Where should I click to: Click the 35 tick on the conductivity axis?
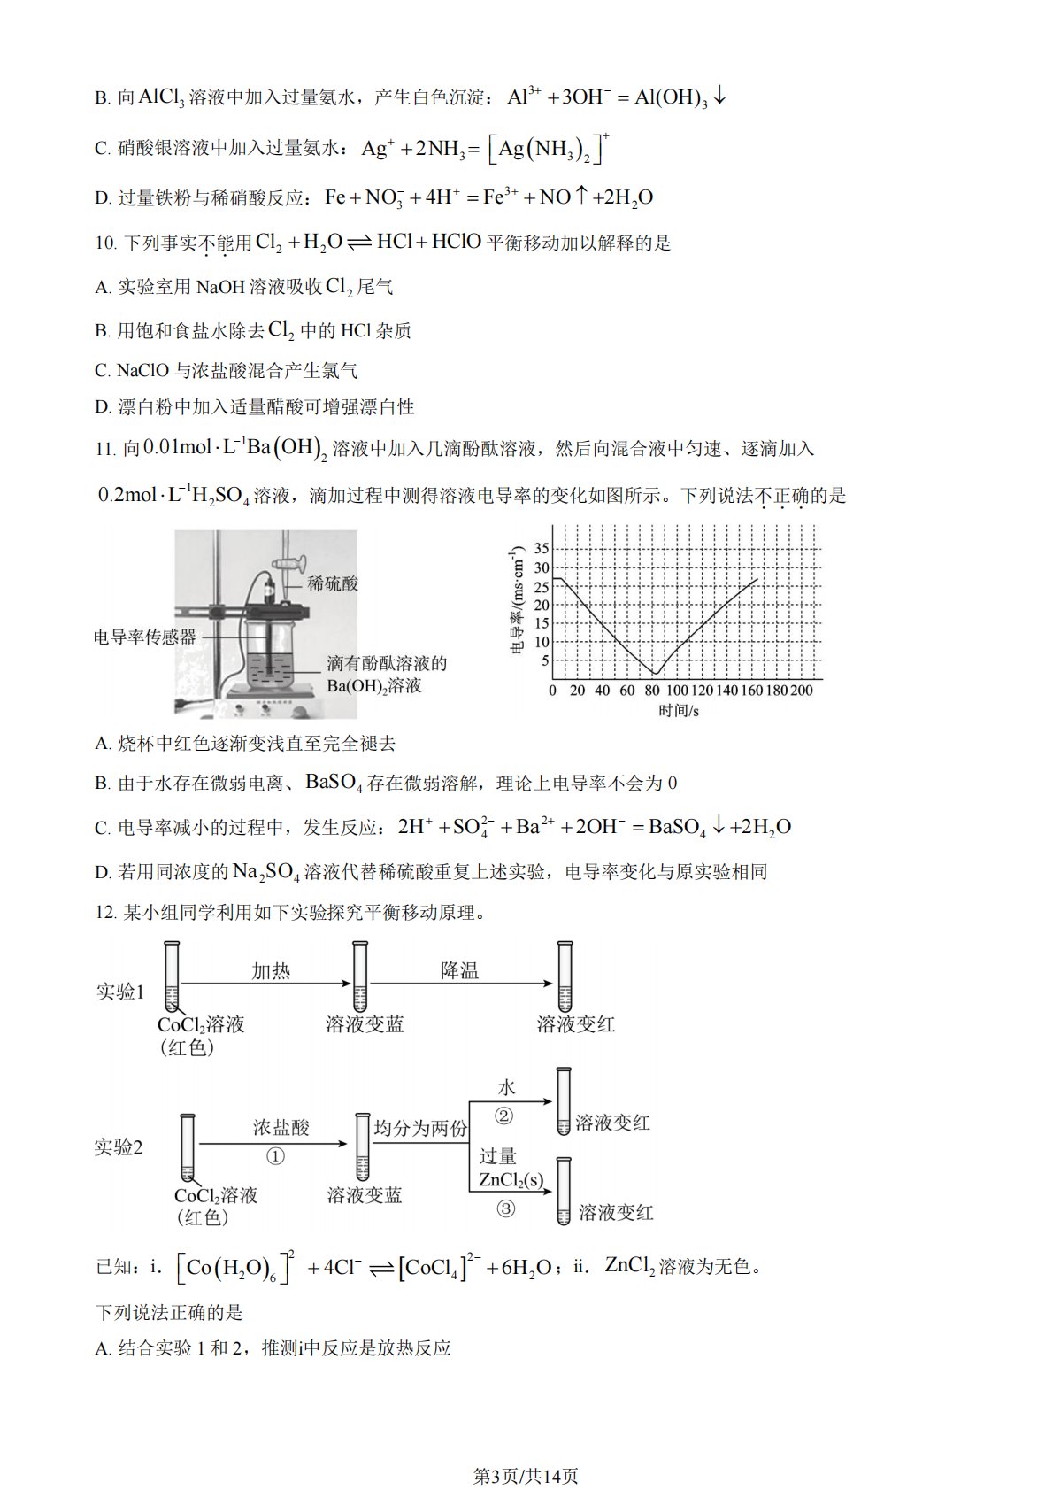542,549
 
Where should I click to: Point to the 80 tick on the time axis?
652,691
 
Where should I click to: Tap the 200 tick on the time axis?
801,691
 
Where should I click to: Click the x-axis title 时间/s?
679,711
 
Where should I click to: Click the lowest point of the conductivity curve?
654,675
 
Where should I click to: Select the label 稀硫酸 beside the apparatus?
333,584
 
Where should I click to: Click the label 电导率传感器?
145,637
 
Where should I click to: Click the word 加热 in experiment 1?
271,971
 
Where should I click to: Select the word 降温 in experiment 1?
460,971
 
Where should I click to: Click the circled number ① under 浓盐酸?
276,1157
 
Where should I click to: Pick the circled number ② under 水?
503,1116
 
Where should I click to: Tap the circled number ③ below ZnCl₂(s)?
505,1208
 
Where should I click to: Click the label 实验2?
119,1148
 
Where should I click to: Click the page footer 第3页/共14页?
526,1451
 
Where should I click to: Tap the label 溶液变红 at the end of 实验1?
575,1025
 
